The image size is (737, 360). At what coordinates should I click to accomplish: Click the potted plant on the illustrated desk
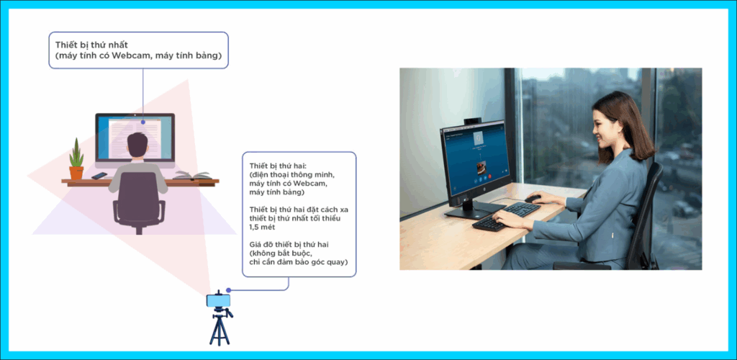coord(76,159)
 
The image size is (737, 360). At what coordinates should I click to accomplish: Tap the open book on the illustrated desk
coord(193,175)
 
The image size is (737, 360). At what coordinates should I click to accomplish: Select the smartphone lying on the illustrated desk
coord(99,176)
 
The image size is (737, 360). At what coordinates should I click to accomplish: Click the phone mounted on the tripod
coord(218,300)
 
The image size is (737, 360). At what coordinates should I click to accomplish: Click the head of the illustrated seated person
coord(137,145)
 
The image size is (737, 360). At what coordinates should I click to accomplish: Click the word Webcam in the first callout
coord(130,56)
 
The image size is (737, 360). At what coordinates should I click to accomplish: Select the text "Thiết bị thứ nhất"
coord(91,45)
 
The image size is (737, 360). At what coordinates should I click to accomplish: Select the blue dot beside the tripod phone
coord(228,290)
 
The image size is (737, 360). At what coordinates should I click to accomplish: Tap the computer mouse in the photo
coord(533,199)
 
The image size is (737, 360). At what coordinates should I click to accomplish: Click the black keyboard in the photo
coord(506,216)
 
